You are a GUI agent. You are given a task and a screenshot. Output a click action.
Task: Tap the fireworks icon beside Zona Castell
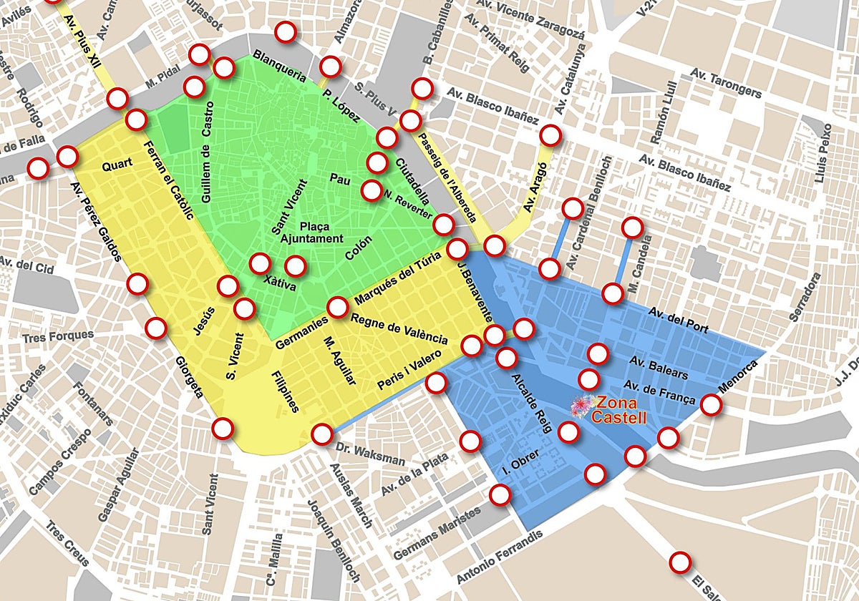(x=582, y=405)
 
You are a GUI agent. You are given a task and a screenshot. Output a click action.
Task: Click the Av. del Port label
(x=678, y=321)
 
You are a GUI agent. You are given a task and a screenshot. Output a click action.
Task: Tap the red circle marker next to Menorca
(x=711, y=404)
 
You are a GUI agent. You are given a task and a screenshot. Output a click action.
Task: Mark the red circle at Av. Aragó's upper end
(x=550, y=135)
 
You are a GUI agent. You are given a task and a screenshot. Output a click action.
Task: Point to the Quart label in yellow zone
(x=117, y=166)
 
